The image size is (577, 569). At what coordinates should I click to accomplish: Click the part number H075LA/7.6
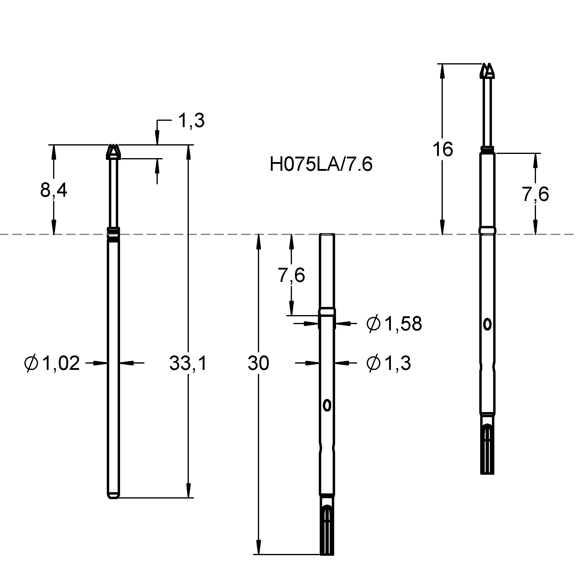coord(321,165)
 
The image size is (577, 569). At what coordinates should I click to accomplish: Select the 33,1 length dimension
coord(188,363)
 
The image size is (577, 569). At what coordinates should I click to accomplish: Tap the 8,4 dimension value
coord(53,190)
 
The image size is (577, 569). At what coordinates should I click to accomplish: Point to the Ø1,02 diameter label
coord(52,363)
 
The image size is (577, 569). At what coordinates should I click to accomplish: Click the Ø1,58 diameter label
coord(394,324)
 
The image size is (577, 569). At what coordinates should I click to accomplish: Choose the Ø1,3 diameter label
coord(388,363)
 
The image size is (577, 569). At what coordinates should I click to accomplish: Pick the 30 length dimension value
coord(258,363)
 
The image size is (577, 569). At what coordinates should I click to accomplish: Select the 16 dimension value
coord(442,149)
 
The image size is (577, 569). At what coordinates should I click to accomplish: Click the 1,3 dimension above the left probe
coord(191,121)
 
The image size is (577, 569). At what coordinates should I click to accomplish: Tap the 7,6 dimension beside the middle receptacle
coord(291,275)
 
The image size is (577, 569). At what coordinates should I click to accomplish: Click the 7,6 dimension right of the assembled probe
coord(535,194)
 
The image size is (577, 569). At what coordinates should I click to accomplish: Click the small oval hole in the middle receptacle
coord(327,406)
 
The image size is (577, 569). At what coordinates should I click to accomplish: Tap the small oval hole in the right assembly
coord(487,324)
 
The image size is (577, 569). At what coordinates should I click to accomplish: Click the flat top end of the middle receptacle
coord(327,234)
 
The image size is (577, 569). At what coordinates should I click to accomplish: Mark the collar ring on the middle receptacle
coord(327,312)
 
